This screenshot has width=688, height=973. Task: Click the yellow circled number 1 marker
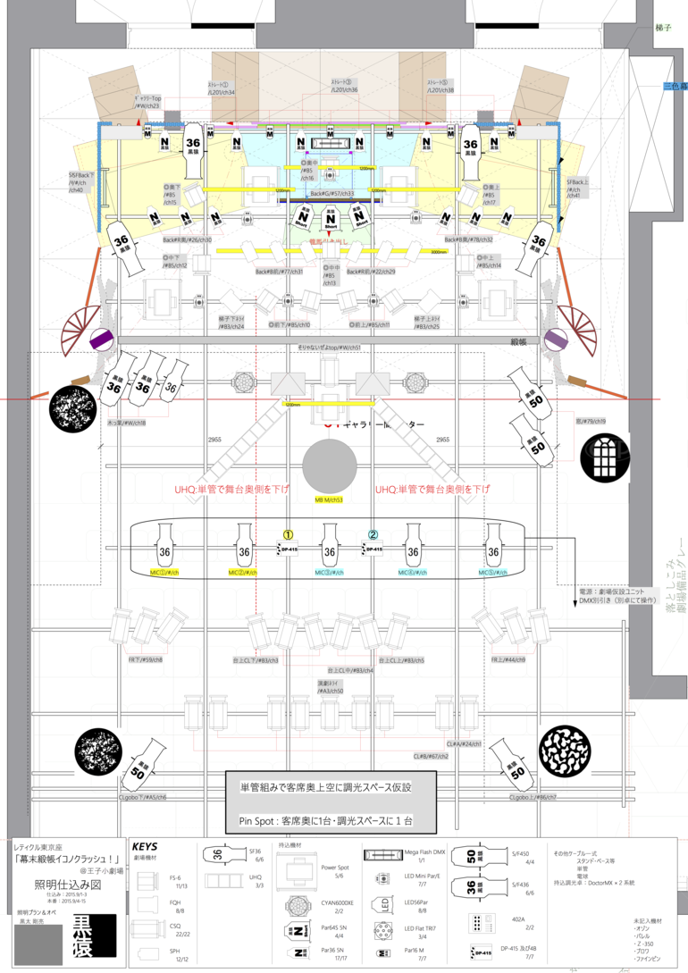pos(288,534)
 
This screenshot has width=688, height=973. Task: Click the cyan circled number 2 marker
pos(373,534)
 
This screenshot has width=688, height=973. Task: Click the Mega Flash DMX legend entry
pos(425,853)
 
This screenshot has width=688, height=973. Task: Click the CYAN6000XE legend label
pos(337,903)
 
